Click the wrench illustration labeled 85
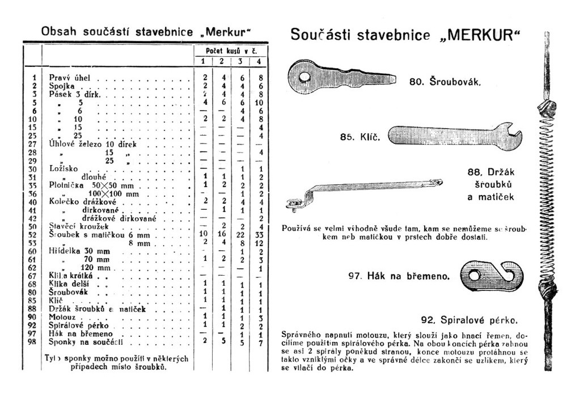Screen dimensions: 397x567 [454, 136]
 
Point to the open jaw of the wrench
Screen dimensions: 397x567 [515, 136]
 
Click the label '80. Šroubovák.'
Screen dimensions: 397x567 [445, 81]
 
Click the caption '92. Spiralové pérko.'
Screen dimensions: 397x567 [469, 319]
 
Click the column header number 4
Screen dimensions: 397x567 [259, 62]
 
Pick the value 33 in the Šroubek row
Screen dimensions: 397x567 [259, 234]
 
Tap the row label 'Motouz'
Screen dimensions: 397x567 [60, 317]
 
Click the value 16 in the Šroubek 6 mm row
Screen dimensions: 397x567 [222, 234]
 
